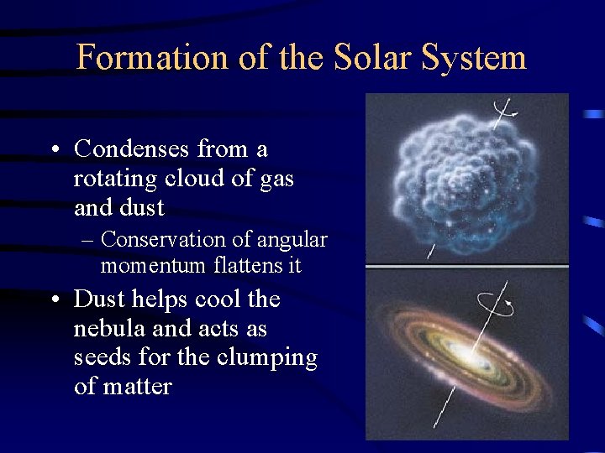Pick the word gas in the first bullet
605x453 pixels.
tap(272, 179)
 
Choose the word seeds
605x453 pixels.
tap(99, 357)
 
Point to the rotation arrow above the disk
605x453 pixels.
tap(493, 304)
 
